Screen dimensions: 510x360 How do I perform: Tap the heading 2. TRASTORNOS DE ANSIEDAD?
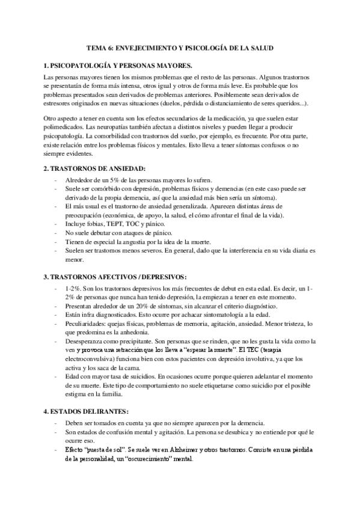click(x=90, y=170)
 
